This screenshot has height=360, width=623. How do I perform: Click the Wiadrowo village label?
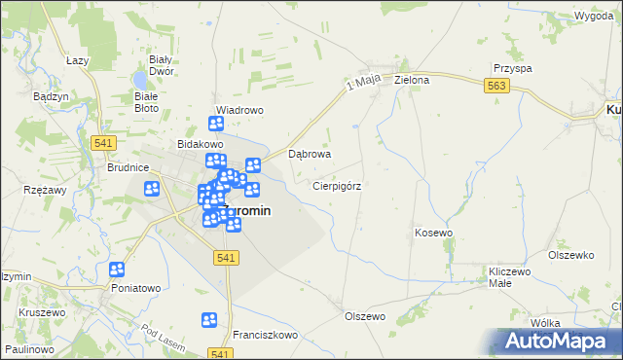point(239,110)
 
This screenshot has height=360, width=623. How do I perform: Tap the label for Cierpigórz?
point(338,185)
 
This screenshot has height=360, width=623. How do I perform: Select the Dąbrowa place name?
point(311,154)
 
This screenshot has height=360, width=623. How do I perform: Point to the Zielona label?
point(412,80)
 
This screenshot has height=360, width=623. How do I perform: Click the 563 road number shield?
point(497,87)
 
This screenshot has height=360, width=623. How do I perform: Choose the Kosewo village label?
point(434,233)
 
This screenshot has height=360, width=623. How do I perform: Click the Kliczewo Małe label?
point(513,275)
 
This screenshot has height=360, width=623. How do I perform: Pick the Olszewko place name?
point(570,255)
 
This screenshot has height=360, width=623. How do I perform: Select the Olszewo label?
point(365,316)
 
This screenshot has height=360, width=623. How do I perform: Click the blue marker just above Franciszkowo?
point(209,319)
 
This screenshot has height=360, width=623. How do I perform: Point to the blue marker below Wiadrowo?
point(216,124)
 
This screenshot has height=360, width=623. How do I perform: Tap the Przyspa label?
point(512,69)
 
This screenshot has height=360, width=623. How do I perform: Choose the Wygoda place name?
point(593,17)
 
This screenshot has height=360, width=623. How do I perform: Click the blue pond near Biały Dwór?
point(140,77)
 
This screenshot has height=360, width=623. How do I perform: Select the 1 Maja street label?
point(361,86)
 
